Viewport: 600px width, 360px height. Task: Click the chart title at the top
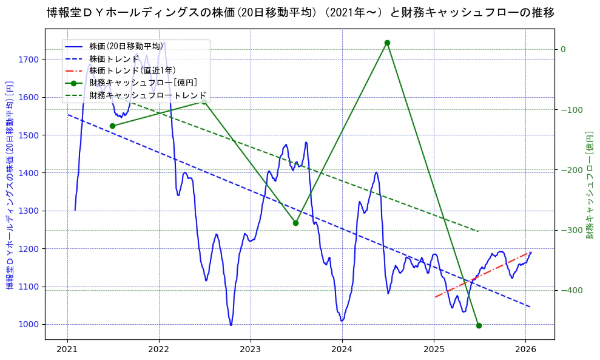tap(300, 12)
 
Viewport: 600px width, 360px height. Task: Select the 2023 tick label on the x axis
tap(250, 350)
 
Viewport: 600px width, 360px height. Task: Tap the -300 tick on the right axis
tap(570, 230)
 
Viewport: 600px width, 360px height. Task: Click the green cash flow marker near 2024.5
tap(387, 42)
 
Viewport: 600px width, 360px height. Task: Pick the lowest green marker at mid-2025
tap(479, 325)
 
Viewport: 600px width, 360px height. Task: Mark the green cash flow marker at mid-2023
tap(295, 223)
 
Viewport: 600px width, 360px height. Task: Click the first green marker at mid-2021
tap(112, 126)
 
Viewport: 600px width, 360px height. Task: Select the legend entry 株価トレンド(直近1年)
tap(132, 70)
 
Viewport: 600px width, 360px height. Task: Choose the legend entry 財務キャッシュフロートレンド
tap(147, 95)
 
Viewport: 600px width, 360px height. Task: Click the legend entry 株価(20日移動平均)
tap(126, 46)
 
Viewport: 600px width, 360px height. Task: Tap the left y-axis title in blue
tap(10, 185)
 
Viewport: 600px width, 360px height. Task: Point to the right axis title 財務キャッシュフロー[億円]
tap(589, 185)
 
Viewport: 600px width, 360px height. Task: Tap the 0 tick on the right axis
tap(563, 49)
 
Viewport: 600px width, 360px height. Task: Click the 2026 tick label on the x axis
tap(525, 350)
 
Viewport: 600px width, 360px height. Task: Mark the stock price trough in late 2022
tap(231, 325)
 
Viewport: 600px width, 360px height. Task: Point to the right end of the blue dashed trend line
tap(530, 307)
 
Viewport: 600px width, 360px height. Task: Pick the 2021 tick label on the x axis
tap(67, 350)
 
